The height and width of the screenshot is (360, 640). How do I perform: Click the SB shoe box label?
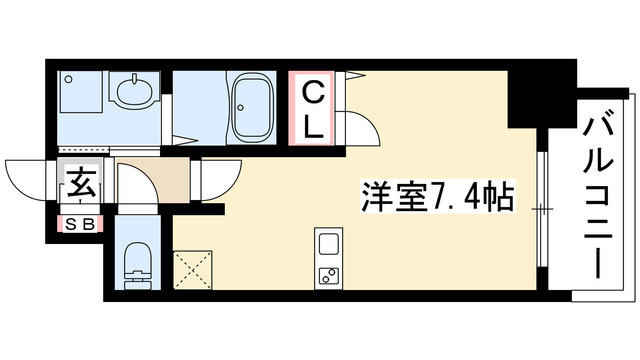(79, 223)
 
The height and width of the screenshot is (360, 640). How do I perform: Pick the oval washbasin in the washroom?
(134, 95)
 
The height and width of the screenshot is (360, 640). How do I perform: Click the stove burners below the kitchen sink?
(328, 275)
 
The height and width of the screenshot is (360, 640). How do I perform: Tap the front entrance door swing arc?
(28, 178)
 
